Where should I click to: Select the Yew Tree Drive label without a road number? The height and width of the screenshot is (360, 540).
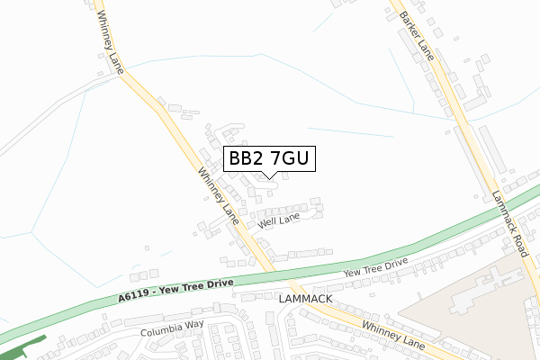pos(374,267)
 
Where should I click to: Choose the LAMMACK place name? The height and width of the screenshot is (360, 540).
pos(306,298)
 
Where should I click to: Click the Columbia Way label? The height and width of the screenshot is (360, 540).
pos(172,329)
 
